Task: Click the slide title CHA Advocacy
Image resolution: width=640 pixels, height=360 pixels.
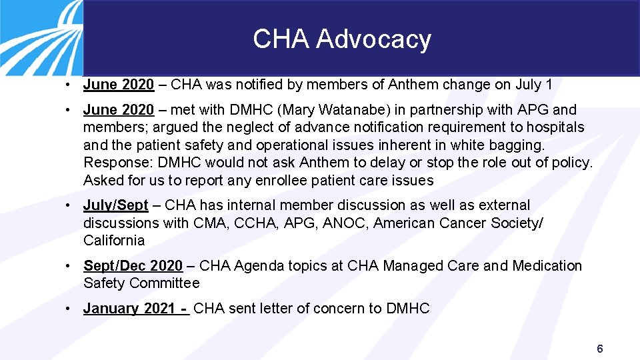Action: tap(342, 39)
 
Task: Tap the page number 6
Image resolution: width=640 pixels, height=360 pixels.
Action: tap(600, 349)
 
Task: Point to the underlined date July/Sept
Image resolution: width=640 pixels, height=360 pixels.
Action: tap(115, 205)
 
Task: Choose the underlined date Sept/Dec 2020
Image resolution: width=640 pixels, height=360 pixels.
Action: tap(133, 266)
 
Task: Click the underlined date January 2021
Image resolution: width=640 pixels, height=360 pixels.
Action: tap(129, 308)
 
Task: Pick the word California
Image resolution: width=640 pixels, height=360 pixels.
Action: tap(114, 240)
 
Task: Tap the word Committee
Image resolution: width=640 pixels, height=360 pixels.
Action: tap(165, 283)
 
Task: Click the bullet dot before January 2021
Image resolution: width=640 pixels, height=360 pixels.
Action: tap(69, 308)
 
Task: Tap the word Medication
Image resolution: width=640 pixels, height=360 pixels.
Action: tap(547, 266)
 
